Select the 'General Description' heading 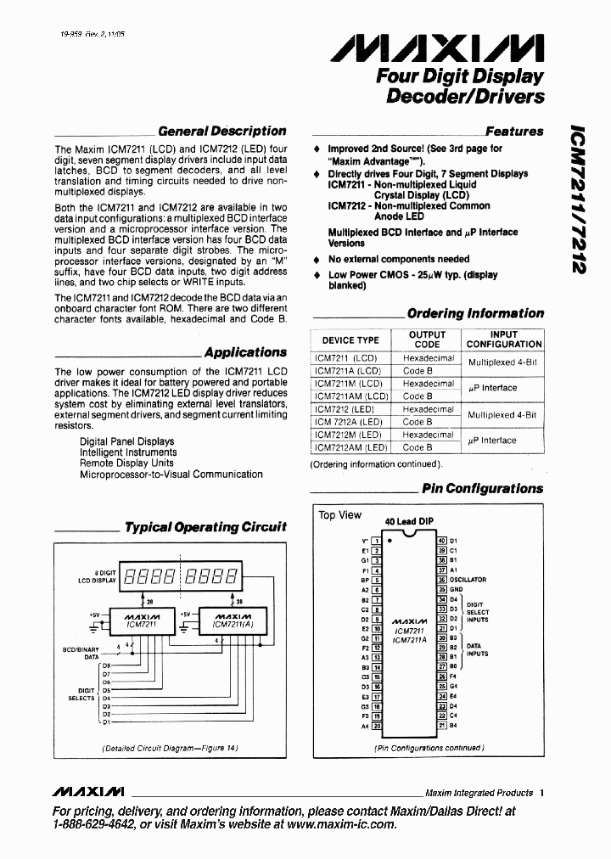coord(222,131)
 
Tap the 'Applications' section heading coord(245,352)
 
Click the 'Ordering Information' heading coord(475,313)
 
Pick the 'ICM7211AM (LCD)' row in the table coord(350,396)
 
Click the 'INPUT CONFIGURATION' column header coord(503,340)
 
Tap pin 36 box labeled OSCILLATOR coord(441,580)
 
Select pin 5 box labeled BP coord(378,580)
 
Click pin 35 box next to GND coord(441,589)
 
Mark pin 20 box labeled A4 coord(378,727)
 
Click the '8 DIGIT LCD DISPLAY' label coord(103,578)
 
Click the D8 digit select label coord(106,666)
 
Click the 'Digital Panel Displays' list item coord(126,441)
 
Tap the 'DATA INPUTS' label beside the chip coord(478,650)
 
